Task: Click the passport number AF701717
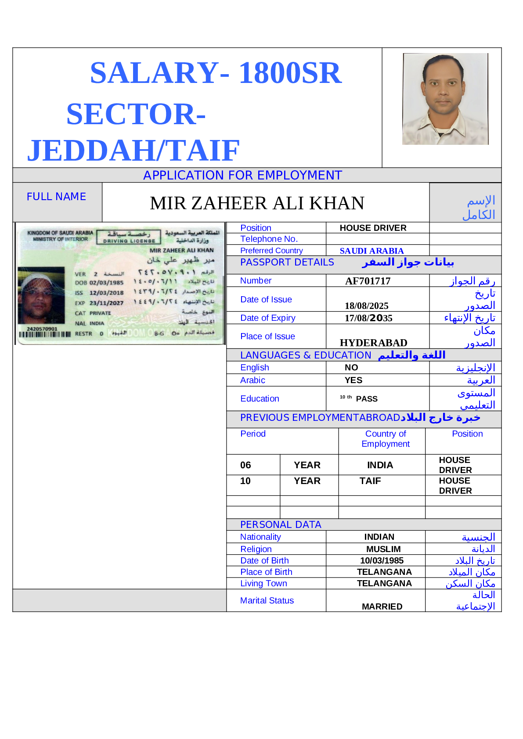368,281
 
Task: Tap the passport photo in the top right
445,99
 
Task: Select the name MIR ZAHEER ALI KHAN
257,203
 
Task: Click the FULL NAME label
56,197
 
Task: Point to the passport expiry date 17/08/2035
368,318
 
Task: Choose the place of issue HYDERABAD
373,343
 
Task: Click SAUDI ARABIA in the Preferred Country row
372,251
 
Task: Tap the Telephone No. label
269,239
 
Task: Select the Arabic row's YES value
353,380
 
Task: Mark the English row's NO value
351,368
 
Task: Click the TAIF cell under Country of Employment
370,481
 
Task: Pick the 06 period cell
245,465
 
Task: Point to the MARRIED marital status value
382,606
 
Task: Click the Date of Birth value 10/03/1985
382,561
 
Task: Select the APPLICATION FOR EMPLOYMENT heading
242,176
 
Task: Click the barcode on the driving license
44,334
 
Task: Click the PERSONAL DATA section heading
281,525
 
